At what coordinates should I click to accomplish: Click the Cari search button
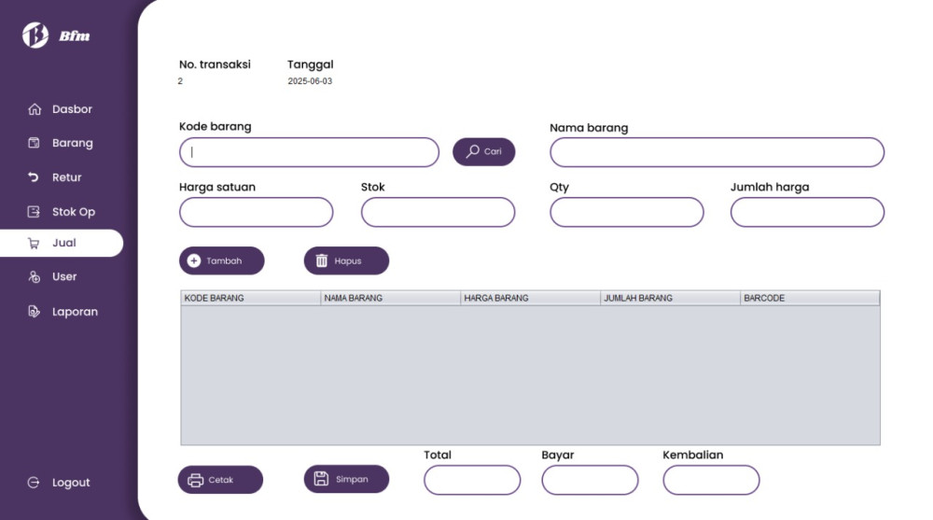(483, 152)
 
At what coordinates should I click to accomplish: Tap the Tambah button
(221, 260)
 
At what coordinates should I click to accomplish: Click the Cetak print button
(220, 480)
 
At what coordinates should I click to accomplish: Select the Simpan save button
(346, 479)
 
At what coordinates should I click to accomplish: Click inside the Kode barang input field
(309, 152)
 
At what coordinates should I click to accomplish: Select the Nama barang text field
(717, 152)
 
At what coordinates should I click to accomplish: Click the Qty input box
(627, 212)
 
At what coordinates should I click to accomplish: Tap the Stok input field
(438, 212)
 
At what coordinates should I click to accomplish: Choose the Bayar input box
(590, 480)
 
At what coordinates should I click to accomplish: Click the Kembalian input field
(711, 480)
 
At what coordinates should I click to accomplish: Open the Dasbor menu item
(60, 109)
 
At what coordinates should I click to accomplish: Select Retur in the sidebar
(55, 177)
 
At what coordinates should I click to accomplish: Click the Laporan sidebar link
(63, 312)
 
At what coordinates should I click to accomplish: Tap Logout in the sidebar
(59, 483)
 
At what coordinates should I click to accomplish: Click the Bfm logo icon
(35, 35)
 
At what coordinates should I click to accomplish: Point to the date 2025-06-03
(310, 81)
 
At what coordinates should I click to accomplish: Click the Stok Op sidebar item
(62, 212)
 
